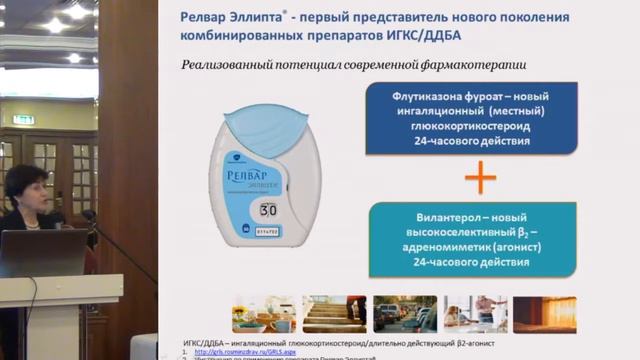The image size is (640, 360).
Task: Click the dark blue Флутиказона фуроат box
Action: coord(473,119)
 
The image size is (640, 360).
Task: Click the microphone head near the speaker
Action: coord(89,214)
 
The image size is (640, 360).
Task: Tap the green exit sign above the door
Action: coord(23,119)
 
